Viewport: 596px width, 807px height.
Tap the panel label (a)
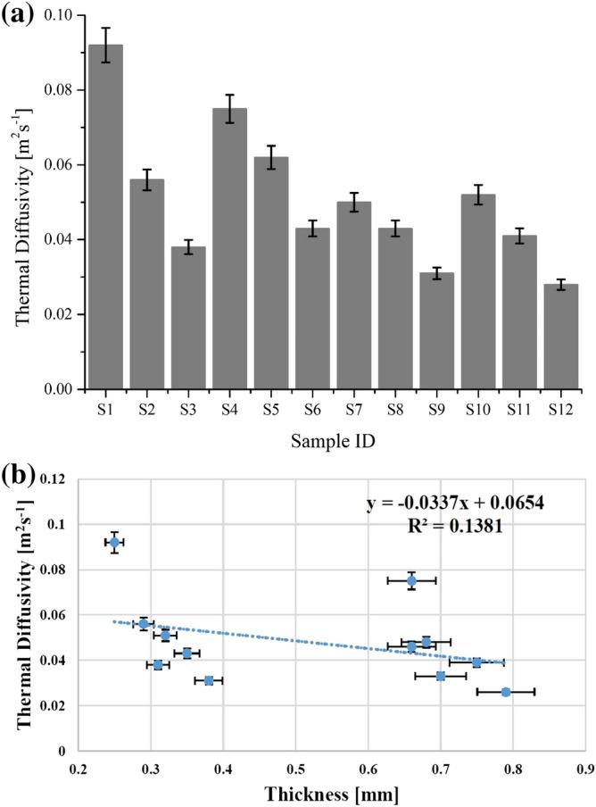click(19, 14)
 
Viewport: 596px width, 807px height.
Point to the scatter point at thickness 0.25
click(114, 542)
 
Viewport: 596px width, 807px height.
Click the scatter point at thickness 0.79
click(506, 692)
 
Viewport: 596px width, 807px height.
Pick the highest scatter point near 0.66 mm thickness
click(411, 580)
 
